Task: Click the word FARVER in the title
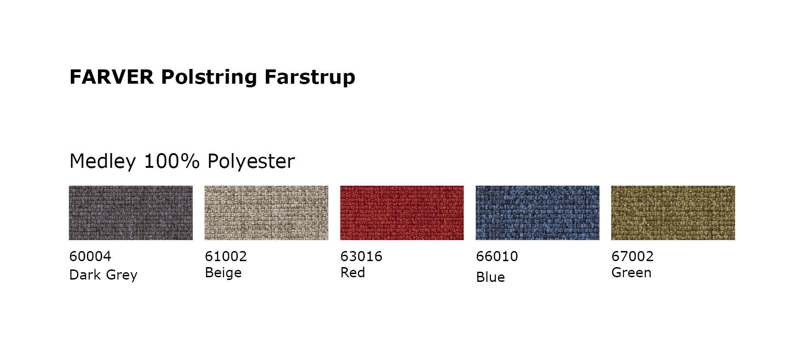[x=111, y=77]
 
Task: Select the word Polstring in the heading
[x=209, y=78]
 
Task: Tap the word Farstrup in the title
[x=310, y=77]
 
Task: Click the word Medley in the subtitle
[x=103, y=162]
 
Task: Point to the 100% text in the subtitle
[x=172, y=161]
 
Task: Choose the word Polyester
[x=251, y=162]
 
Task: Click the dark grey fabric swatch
[x=131, y=213]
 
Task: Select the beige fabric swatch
[x=266, y=213]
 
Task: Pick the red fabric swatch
[x=402, y=213]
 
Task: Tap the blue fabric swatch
[x=537, y=213]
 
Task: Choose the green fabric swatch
[x=673, y=213]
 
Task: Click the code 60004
[x=90, y=256]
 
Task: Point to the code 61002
[x=226, y=256]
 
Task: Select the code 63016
[x=361, y=256]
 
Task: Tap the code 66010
[x=497, y=256]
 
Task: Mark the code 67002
[x=632, y=256]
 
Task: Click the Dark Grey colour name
[x=103, y=275]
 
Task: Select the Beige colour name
[x=223, y=273]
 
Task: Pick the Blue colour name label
[x=490, y=277]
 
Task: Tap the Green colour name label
[x=631, y=273]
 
